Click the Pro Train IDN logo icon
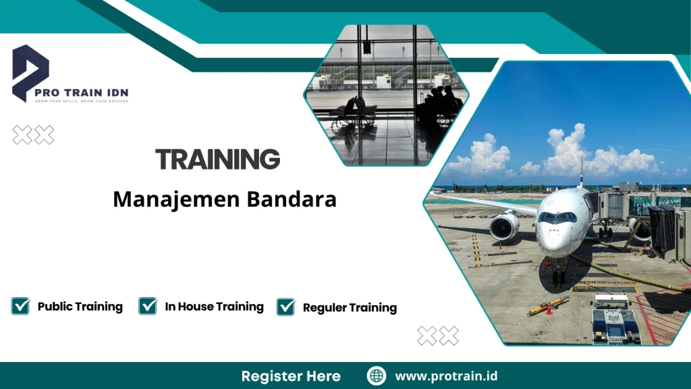click(30, 71)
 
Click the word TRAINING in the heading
click(217, 160)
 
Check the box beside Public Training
click(20, 306)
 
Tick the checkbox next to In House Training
click(148, 306)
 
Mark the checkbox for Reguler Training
click(286, 307)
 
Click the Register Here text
click(291, 376)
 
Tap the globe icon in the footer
click(377, 376)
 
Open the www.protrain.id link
click(446, 376)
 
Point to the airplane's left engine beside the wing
click(504, 226)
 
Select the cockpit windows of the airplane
click(557, 217)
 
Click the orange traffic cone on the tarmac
click(549, 309)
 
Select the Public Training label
click(80, 307)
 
